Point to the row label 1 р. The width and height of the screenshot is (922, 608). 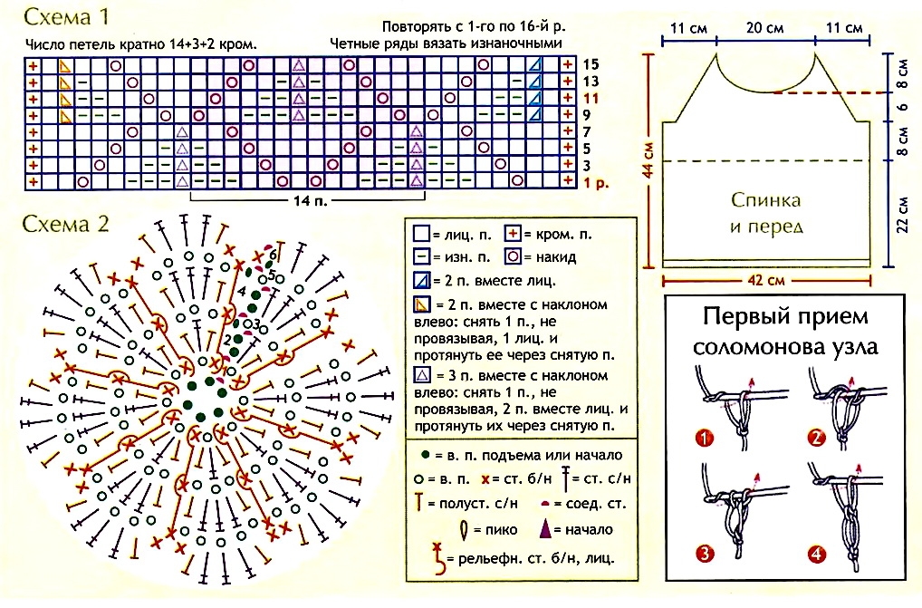(x=594, y=182)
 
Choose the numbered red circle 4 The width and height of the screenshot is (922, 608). (x=816, y=553)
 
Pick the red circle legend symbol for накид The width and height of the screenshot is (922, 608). (x=512, y=257)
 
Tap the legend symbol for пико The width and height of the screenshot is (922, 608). (x=464, y=529)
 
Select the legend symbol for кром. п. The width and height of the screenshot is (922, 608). (x=512, y=235)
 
